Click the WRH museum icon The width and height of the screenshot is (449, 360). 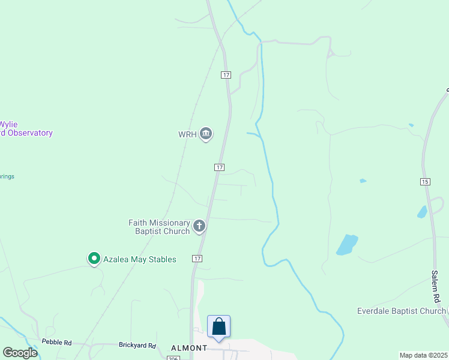pos(206,134)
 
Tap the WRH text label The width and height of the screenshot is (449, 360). pos(187,134)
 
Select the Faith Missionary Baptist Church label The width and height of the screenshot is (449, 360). pos(159,227)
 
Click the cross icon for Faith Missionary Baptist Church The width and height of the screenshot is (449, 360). pos(199,227)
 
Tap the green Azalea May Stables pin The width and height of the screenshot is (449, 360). pos(94,259)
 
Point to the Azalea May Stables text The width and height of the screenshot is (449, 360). pos(139,259)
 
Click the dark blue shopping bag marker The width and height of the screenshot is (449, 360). pos(219,327)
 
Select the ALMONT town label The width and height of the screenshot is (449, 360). pos(189,348)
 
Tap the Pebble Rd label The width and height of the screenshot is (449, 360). pos(56,343)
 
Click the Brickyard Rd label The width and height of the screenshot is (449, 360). pos(137,346)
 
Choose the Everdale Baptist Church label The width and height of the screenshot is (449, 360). pos(401,311)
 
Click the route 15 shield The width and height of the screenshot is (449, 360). pos(426,181)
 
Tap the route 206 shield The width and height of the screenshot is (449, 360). pos(173,358)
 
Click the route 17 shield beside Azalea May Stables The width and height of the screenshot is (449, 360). pos(197,259)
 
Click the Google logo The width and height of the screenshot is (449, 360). pos(20,352)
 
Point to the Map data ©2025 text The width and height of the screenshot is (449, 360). pos(423,355)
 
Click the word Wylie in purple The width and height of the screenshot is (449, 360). pos(8,124)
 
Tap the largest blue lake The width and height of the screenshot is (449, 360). pos(346,244)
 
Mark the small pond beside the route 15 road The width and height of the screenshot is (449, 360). pos(422,212)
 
